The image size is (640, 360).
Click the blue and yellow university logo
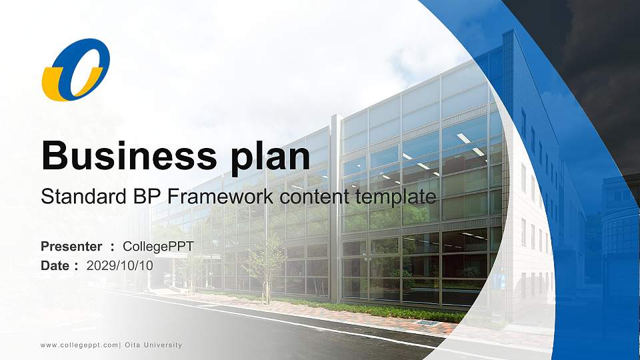click(x=75, y=69)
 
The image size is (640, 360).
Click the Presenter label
click(x=71, y=247)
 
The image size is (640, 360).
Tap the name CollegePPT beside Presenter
click(x=158, y=247)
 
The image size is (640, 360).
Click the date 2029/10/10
click(x=120, y=265)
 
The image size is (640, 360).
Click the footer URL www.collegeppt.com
click(x=79, y=345)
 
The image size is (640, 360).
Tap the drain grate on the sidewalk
click(x=427, y=322)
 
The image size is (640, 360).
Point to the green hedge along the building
click(x=373, y=310)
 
